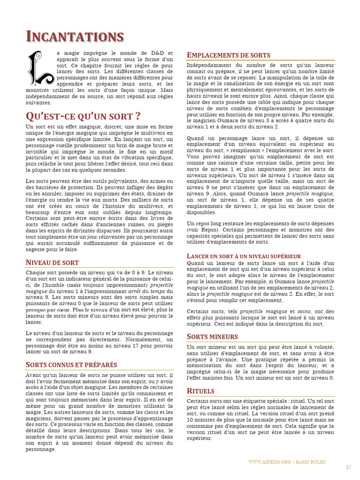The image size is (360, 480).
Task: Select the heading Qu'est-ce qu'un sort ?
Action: [x=82, y=116]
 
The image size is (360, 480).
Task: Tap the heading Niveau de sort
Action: [x=52, y=262]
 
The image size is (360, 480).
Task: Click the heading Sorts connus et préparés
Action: [x=71, y=365]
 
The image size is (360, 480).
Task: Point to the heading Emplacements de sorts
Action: [x=228, y=55]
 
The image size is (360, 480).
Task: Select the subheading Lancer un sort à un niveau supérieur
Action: [x=244, y=256]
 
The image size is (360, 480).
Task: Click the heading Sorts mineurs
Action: [x=212, y=337]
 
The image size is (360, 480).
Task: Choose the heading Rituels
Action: [x=200, y=391]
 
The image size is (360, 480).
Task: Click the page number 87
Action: [x=348, y=467]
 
